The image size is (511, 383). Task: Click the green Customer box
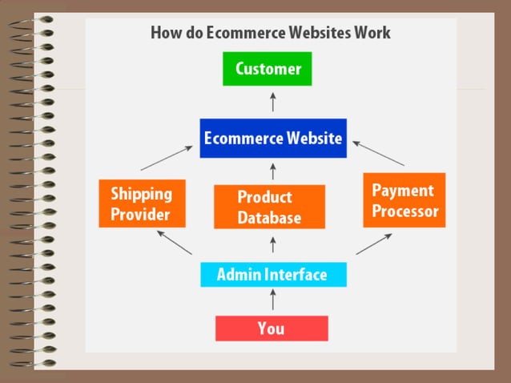pyautogui.click(x=268, y=69)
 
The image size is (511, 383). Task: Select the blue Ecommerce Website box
pyautogui.click(x=272, y=138)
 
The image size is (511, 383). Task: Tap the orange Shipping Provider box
pyautogui.click(x=141, y=204)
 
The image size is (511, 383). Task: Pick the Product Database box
pyautogui.click(x=269, y=207)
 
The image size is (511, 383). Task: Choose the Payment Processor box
pyautogui.click(x=404, y=200)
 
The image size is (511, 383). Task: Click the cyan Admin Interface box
pyautogui.click(x=272, y=275)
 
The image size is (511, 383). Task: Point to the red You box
pyautogui.click(x=272, y=328)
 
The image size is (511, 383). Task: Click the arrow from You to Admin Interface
pyautogui.click(x=272, y=300)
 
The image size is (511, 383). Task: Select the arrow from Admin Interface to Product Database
pyautogui.click(x=272, y=244)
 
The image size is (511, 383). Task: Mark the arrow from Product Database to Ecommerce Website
pyautogui.click(x=272, y=171)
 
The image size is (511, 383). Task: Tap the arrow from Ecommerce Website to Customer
pyautogui.click(x=272, y=101)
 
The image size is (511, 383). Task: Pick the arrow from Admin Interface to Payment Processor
pyautogui.click(x=373, y=244)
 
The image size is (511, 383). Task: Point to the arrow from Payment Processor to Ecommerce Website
pyautogui.click(x=379, y=154)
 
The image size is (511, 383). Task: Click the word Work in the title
pyautogui.click(x=373, y=33)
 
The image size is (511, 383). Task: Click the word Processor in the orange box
pyautogui.click(x=405, y=212)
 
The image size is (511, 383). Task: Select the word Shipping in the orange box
pyautogui.click(x=141, y=193)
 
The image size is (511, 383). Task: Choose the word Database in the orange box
pyautogui.click(x=269, y=218)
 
